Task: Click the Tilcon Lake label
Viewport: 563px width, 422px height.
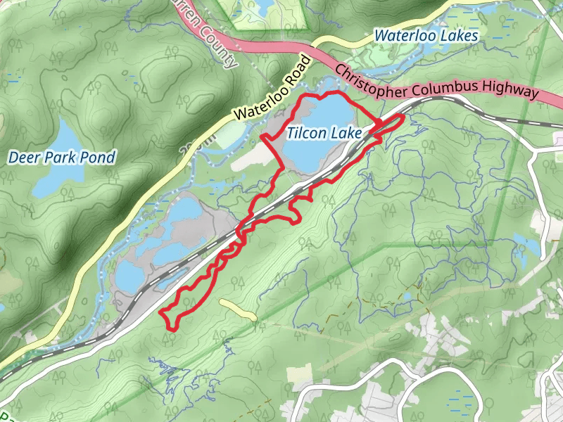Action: coord(324,132)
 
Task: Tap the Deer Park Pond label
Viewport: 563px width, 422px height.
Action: coord(61,157)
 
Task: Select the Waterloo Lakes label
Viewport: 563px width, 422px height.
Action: coord(426,35)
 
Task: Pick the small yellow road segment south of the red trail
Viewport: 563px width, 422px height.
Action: coord(238,309)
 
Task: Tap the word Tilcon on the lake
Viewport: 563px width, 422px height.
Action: coord(308,132)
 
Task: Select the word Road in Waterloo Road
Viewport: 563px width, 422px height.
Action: coord(300,68)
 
